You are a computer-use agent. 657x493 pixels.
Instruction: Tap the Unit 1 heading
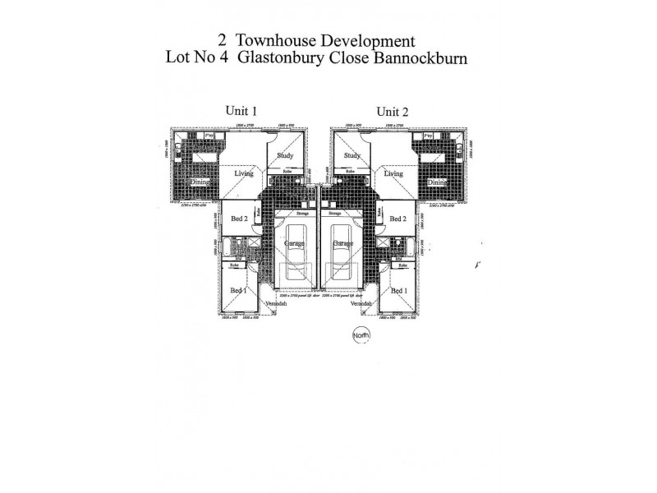[241, 112]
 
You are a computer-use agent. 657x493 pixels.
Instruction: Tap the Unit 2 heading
[393, 112]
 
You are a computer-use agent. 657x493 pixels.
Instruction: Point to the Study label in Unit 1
[285, 154]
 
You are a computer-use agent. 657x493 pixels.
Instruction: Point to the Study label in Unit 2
[352, 154]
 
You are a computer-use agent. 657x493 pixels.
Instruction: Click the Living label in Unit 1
[243, 173]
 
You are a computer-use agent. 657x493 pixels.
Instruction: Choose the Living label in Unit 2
[394, 173]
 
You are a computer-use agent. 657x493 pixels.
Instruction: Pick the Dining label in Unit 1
[200, 182]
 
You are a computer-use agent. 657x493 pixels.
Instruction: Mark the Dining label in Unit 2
[437, 182]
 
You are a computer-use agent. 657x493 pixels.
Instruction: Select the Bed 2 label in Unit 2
[398, 219]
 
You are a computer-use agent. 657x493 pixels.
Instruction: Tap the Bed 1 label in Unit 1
[237, 291]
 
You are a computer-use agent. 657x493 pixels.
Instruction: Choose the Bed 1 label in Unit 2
[399, 291]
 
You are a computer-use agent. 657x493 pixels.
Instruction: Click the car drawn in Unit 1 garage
[294, 247]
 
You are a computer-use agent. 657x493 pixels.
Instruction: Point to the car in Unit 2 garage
[342, 247]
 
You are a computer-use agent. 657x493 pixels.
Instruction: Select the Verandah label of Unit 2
[361, 304]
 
